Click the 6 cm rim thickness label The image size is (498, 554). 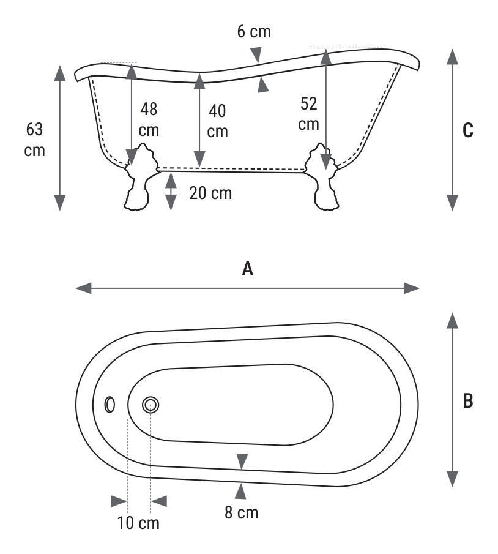[x=254, y=31]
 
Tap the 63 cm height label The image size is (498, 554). [x=35, y=140]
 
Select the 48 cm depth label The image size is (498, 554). [x=149, y=119]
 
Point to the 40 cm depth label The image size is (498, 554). [x=217, y=121]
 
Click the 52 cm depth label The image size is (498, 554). [x=309, y=114]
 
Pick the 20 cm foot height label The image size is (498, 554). [x=210, y=193]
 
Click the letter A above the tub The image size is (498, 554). [x=248, y=269]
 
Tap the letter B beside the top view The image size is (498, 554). [x=467, y=401]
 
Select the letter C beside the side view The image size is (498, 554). [x=467, y=130]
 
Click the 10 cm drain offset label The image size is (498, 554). [x=138, y=523]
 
